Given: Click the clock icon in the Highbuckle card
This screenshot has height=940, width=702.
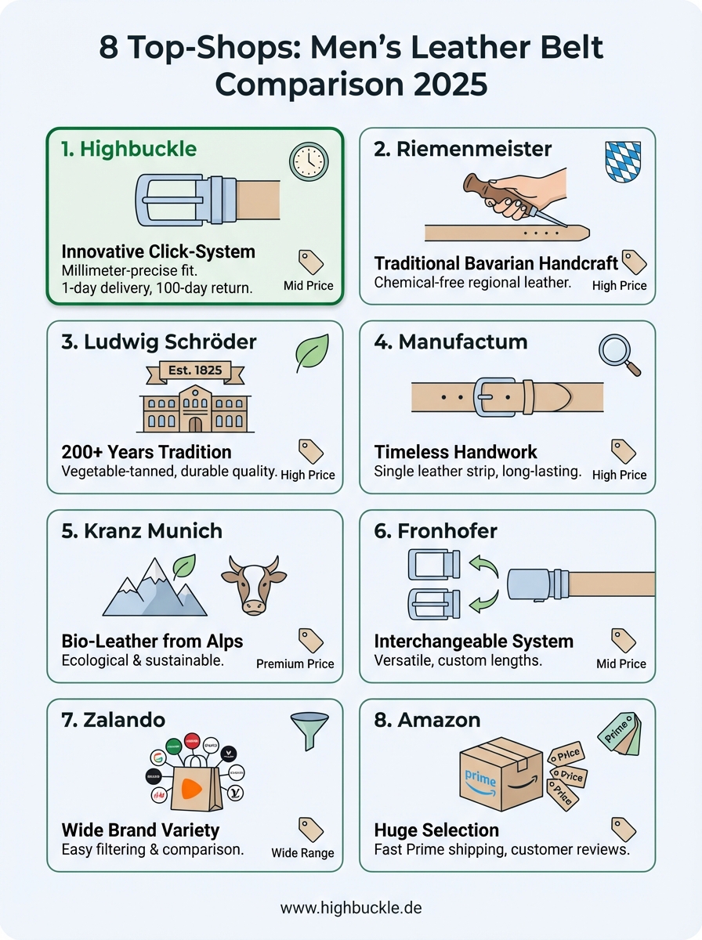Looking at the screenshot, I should [309, 161].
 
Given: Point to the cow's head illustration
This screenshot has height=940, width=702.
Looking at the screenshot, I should [251, 584].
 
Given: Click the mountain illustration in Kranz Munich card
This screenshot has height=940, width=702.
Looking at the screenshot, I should [155, 587].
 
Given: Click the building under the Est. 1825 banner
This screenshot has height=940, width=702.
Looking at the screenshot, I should [194, 409].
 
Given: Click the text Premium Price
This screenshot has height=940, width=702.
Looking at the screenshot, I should [295, 663].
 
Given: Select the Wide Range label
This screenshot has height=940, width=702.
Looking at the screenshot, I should [302, 853].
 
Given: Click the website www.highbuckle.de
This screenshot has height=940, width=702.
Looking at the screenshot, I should [351, 908].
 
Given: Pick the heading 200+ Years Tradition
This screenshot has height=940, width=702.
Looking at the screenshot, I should [147, 452].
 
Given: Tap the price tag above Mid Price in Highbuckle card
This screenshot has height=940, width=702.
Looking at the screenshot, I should [311, 262].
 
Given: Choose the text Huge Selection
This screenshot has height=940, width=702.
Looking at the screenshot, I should [436, 830].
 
